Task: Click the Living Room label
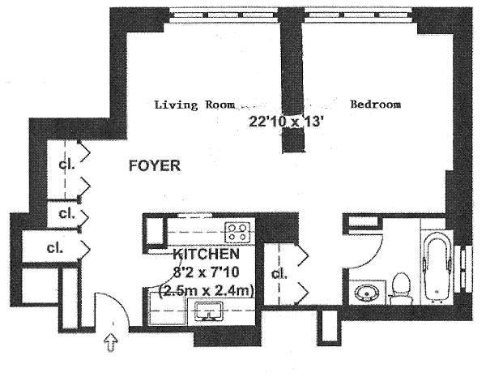pos(194,105)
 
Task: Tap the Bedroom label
pos(375,105)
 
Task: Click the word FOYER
pos(154,166)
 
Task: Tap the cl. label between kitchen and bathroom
pos(280,274)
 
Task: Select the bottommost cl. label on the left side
pos(55,247)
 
